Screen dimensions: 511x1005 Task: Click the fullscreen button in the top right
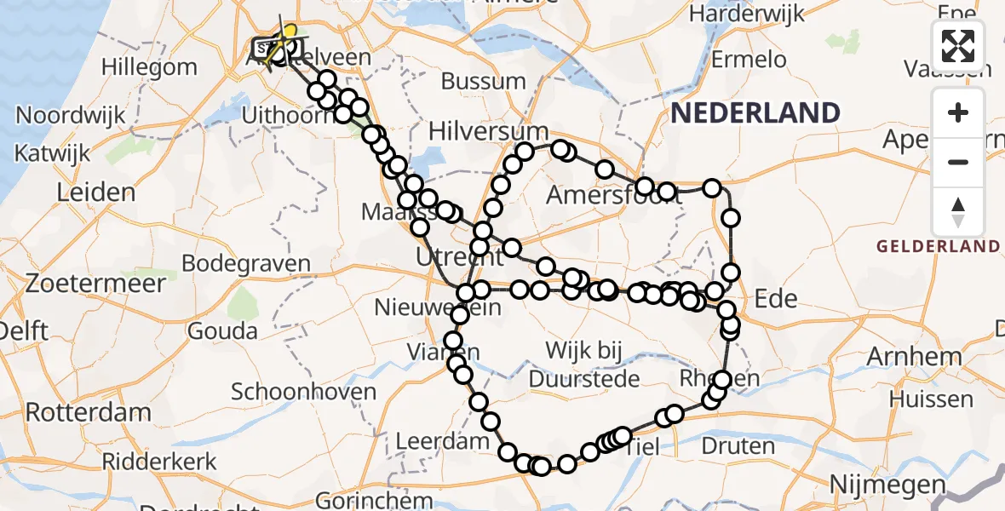coord(958,46)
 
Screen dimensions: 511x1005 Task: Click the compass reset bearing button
coord(958,211)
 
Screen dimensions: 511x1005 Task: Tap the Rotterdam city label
coord(88,412)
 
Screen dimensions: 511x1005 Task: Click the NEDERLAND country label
coord(755,112)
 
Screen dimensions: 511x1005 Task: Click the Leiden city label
coord(95,192)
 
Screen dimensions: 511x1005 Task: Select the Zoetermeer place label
coord(83,283)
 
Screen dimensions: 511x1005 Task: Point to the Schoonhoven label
coord(304,392)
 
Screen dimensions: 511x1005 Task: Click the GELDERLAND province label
coord(939,246)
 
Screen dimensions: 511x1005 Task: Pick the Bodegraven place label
coord(246,263)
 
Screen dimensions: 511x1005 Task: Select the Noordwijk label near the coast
coord(71,115)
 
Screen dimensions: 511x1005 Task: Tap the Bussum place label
coord(483,82)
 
